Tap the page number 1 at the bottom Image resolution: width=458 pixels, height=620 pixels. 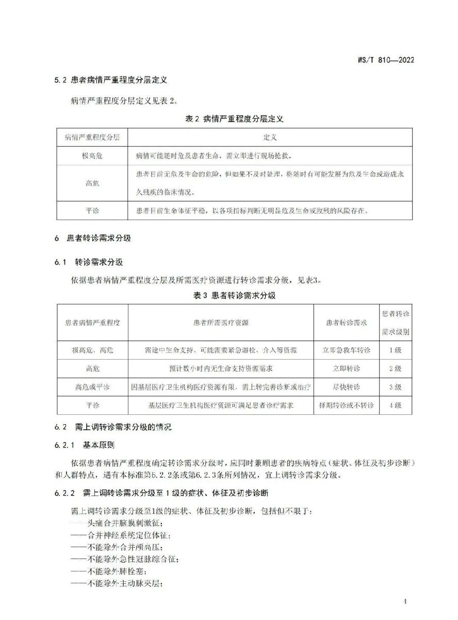[x=405, y=601]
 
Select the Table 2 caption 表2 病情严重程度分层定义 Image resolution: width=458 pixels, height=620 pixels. [x=234, y=119]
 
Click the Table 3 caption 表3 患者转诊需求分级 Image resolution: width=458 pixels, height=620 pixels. [x=234, y=296]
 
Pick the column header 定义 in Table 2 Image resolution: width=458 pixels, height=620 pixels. [x=270, y=137]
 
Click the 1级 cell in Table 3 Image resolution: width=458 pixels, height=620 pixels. [x=396, y=350]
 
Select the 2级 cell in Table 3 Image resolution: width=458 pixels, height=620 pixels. [x=396, y=368]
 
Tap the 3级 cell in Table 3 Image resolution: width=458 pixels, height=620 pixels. [x=396, y=387]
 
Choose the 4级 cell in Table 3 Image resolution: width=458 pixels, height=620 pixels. [x=396, y=406]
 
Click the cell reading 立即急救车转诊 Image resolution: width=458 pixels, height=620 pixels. [x=346, y=350]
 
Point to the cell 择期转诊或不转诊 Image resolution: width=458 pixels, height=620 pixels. [x=346, y=406]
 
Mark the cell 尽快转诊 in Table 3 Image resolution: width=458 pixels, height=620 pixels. [x=346, y=387]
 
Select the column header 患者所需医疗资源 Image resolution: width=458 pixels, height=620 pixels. [x=221, y=322]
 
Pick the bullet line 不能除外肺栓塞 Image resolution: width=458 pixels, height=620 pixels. [x=108, y=571]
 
